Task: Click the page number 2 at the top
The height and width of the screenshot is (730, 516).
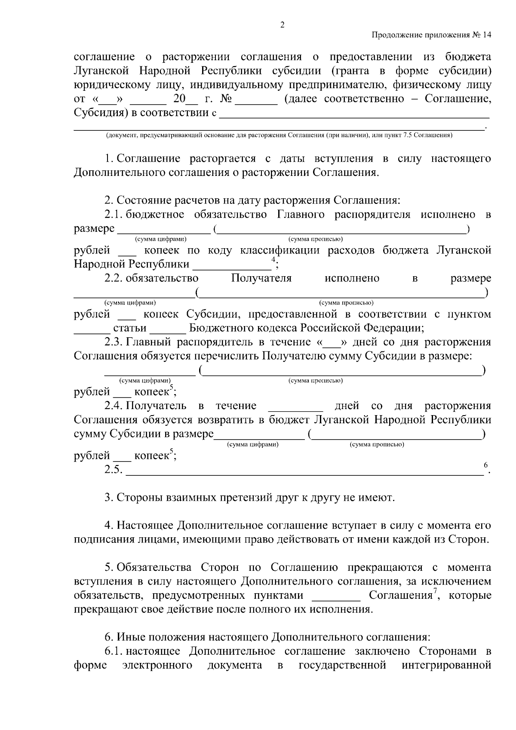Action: pos(282,25)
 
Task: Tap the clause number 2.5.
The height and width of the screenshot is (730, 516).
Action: pos(113,469)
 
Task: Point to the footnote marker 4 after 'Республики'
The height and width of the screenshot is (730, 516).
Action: pos(273,260)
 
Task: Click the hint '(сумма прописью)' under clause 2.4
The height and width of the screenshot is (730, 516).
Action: pos(377,444)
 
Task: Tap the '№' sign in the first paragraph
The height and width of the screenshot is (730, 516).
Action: pos(226,99)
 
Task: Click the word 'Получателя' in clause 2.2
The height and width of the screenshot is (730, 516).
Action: pos(261,278)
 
